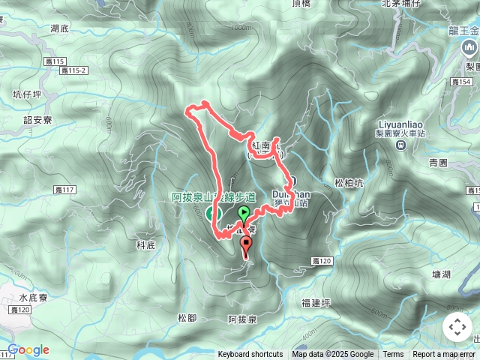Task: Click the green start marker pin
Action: (x=243, y=214)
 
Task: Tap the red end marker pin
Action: (x=246, y=244)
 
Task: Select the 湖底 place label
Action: (x=60, y=29)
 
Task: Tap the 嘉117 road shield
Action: (x=66, y=190)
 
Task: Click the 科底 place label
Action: (x=145, y=245)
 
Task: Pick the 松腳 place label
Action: (x=187, y=318)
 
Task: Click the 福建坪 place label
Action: (x=316, y=302)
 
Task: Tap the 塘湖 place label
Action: (x=442, y=274)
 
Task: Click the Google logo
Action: (x=28, y=349)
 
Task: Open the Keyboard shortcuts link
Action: (x=250, y=355)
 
